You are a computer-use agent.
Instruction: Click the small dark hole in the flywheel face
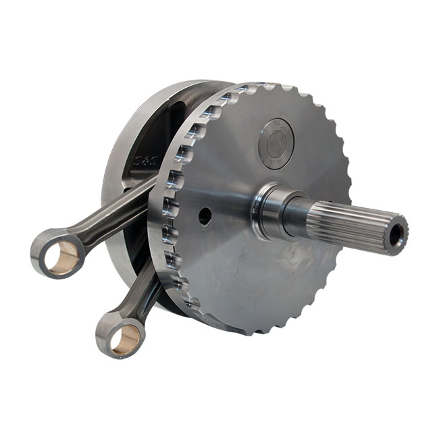[205, 216]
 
